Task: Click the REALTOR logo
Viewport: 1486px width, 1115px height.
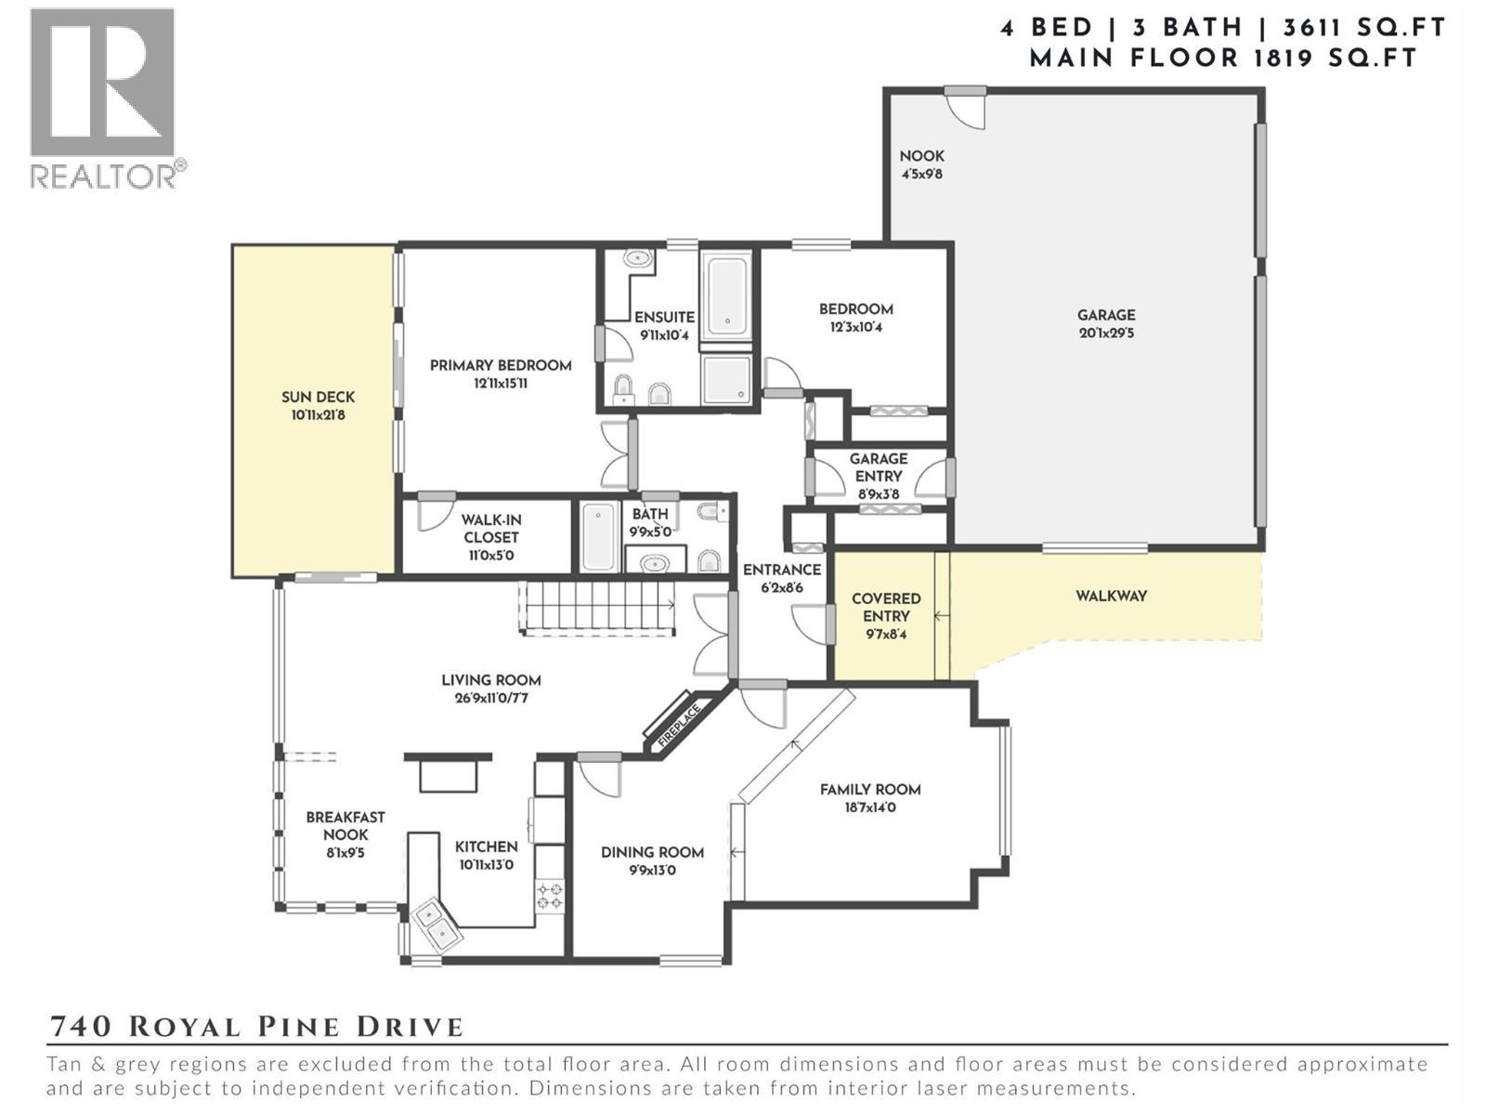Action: point(103,98)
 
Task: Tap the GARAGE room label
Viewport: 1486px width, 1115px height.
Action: point(1106,315)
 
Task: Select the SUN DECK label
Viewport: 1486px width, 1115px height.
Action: point(318,398)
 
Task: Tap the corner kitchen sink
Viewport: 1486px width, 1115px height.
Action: point(435,925)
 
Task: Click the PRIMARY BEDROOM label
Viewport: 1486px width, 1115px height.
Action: point(501,366)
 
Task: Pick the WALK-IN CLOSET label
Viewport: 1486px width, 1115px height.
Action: point(490,529)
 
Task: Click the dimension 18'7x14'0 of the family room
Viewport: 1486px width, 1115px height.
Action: point(869,808)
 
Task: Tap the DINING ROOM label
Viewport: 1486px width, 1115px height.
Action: point(652,852)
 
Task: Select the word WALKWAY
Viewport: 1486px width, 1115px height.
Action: point(1111,597)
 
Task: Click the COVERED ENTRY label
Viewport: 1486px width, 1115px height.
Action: point(886,608)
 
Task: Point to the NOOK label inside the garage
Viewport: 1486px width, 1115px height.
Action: point(921,156)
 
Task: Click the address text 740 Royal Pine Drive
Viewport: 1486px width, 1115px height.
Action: point(255,1027)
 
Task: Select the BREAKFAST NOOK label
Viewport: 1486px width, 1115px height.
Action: point(345,826)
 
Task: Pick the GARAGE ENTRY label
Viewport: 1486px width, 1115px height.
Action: point(878,467)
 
